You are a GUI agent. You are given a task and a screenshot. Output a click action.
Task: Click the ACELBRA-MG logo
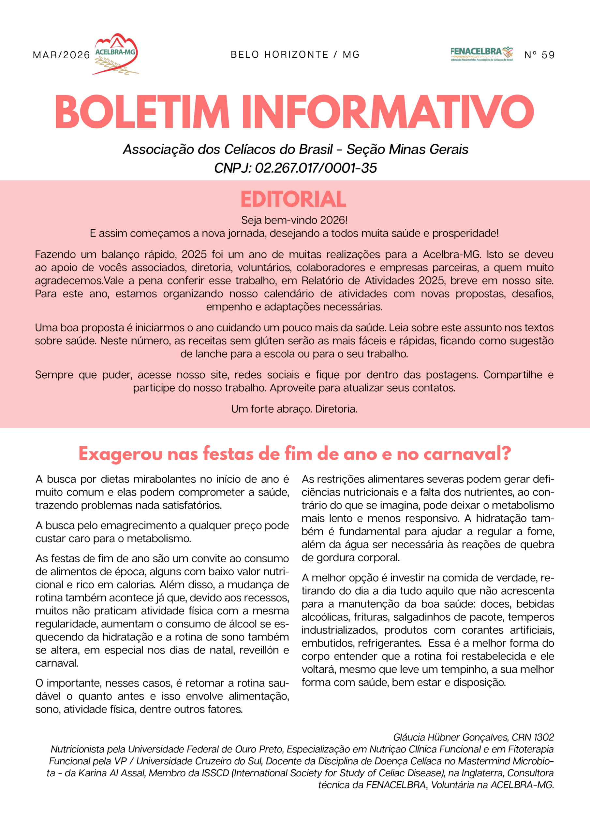click(x=116, y=54)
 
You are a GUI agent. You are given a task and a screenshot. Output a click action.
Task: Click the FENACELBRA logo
click(x=481, y=54)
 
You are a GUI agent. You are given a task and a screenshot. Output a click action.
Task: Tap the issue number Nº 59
click(x=539, y=55)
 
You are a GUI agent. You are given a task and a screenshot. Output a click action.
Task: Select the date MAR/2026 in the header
click(x=61, y=55)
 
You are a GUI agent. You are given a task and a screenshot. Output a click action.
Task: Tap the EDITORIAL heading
click(x=293, y=199)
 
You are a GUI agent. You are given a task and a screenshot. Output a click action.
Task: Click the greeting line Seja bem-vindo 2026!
click(x=294, y=220)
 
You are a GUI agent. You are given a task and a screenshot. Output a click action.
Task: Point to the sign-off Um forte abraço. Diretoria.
click(x=294, y=409)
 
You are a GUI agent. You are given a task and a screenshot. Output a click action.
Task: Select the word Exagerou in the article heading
click(x=120, y=454)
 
